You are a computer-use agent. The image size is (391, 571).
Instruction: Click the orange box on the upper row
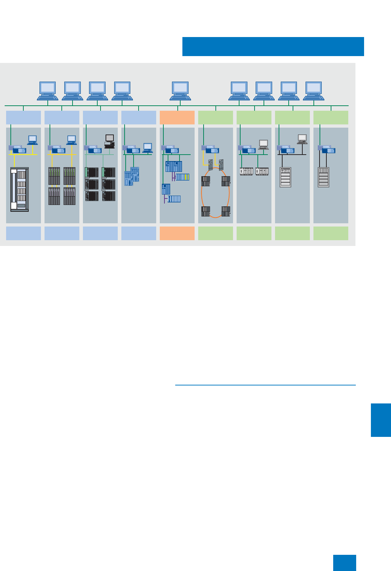(177, 118)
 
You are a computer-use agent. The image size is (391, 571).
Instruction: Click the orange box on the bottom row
(177, 233)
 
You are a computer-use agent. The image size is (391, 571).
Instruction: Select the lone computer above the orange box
(180, 91)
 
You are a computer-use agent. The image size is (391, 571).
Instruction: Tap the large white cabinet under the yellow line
(19, 189)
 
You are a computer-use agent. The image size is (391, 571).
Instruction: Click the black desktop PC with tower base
(110, 141)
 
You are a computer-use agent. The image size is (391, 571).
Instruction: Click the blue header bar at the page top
(273, 46)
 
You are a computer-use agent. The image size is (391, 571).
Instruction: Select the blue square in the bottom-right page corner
(344, 563)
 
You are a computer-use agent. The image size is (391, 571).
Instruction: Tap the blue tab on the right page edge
(381, 420)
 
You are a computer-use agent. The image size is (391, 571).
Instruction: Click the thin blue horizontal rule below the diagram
(265, 385)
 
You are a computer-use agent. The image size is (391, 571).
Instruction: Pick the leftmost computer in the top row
(47, 91)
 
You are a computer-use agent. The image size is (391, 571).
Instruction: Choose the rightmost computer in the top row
(313, 91)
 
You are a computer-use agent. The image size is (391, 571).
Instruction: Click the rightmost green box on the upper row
(331, 118)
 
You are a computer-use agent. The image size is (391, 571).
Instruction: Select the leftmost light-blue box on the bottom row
(23, 233)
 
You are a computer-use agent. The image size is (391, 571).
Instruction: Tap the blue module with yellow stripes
(182, 177)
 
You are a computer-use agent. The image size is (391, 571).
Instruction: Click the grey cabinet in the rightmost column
(323, 177)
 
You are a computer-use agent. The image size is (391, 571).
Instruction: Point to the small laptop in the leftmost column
(32, 140)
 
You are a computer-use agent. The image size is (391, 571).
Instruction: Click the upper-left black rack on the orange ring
(206, 181)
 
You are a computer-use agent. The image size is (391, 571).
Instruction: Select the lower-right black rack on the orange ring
(226, 211)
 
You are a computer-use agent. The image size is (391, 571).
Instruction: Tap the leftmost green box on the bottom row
(215, 233)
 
